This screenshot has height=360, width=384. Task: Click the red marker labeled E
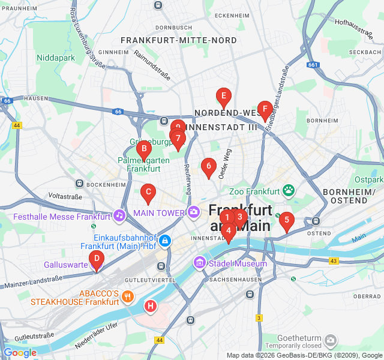[223, 96]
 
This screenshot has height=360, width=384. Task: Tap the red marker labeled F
[264, 109]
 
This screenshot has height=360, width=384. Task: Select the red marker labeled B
[143, 149]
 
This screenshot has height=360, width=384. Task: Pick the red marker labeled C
[148, 193]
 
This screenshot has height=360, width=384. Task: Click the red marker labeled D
[95, 260]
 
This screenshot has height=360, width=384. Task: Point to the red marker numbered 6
[208, 167]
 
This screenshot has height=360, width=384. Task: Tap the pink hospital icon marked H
[151, 307]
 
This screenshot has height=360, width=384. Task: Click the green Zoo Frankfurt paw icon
[289, 191]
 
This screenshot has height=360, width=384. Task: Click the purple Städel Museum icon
[199, 263]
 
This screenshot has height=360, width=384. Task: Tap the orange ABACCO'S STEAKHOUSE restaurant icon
[127, 296]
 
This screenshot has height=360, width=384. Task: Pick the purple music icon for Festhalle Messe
[119, 215]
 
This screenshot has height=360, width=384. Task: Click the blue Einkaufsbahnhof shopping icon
[165, 241]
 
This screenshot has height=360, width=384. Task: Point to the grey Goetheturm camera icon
[330, 341]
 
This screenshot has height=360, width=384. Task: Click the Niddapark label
[55, 58]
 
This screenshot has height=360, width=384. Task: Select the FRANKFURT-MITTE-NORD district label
[179, 40]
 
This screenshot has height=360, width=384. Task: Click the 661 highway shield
[313, 64]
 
